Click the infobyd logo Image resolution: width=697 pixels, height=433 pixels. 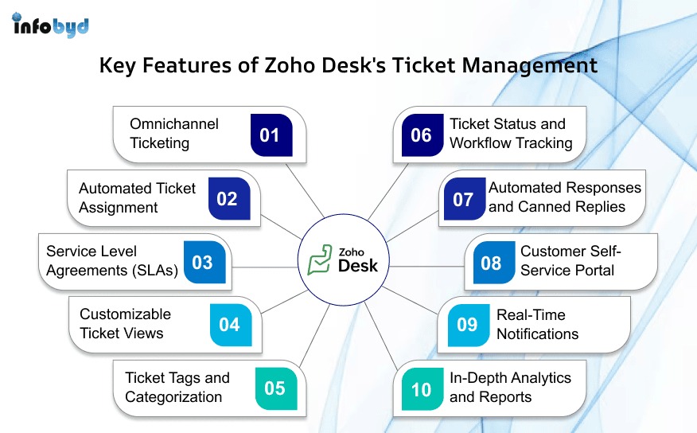[x=50, y=25]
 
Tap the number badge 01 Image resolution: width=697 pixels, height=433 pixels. [x=271, y=135]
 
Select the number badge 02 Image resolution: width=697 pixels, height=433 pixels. [x=229, y=199]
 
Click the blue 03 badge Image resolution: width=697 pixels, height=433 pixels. [x=204, y=263]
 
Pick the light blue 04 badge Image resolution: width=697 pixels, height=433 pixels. [x=231, y=325]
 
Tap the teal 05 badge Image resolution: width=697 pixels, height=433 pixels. [x=276, y=388]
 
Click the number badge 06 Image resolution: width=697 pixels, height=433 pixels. [x=422, y=135]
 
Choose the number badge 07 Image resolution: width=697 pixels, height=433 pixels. [x=465, y=199]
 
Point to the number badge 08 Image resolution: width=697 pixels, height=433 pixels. [x=494, y=263]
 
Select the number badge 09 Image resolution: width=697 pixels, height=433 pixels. [x=469, y=325]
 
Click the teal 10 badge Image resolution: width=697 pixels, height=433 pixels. [x=422, y=388]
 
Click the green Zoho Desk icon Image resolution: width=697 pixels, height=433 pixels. [x=320, y=259]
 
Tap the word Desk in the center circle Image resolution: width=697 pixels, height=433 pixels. [x=358, y=266]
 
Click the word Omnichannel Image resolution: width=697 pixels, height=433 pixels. [x=174, y=123]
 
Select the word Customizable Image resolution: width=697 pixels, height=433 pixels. [x=126, y=314]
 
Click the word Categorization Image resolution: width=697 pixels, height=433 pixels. [x=173, y=396]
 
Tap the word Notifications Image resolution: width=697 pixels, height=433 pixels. [x=537, y=334]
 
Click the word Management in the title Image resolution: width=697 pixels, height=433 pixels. [x=529, y=66]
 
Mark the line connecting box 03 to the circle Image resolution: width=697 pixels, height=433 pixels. [x=264, y=267]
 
